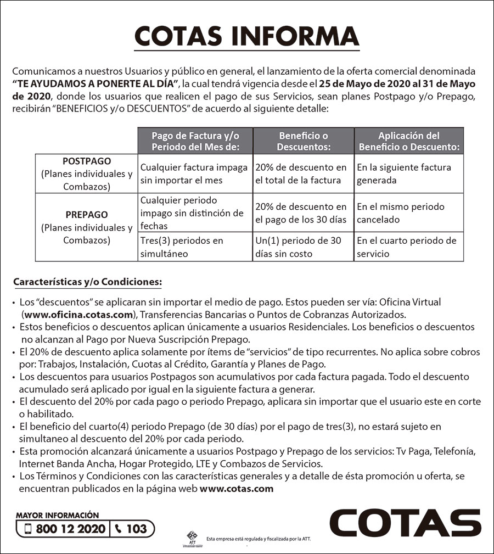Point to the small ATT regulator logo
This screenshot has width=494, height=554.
[x=192, y=538]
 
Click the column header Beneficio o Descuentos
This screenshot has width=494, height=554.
[x=304, y=141]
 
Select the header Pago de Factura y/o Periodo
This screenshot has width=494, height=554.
[x=195, y=141]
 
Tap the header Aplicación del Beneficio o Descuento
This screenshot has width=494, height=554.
[x=409, y=141]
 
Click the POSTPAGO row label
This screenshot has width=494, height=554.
[x=87, y=161]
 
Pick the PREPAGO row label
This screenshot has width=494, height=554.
[x=87, y=215]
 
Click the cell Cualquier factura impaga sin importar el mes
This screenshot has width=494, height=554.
[x=194, y=174]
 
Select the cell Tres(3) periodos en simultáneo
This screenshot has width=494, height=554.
[x=182, y=247]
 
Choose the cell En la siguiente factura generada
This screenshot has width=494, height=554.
[x=404, y=174]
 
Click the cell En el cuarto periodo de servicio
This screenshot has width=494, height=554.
[x=407, y=247]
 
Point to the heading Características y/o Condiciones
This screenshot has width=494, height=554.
[x=87, y=282]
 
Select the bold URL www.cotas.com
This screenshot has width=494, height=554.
[x=236, y=489]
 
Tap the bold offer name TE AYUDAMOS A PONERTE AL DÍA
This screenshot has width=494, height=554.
[x=96, y=83]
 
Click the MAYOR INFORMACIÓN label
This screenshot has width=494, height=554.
[x=58, y=515]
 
